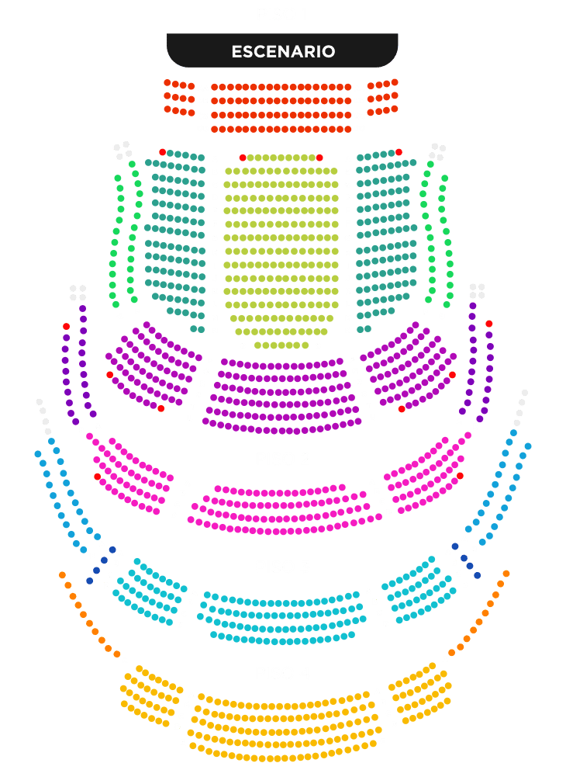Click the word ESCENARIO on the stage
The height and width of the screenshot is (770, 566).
[x=283, y=51]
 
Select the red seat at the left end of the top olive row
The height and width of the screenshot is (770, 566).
[x=242, y=158]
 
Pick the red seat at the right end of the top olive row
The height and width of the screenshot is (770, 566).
[x=319, y=158]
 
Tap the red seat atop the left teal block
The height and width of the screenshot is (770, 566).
[x=162, y=152]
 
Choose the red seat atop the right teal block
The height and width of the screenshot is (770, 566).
[x=399, y=152]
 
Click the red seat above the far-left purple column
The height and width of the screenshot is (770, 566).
[x=66, y=327]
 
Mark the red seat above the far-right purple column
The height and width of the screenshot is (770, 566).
[x=489, y=324]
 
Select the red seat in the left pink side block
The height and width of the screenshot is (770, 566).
[x=97, y=477]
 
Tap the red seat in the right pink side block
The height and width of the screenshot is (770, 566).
[x=460, y=476]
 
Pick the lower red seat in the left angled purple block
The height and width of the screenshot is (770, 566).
[x=160, y=408]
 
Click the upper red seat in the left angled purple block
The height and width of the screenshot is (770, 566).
[x=109, y=375]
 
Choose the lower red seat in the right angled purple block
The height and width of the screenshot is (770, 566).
[x=402, y=409]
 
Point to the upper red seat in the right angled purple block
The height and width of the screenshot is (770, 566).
[x=452, y=375]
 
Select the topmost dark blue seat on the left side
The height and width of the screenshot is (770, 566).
[x=112, y=550]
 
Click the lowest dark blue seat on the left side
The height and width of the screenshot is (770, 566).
[x=89, y=581]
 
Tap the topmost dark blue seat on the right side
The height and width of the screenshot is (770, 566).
[x=455, y=546]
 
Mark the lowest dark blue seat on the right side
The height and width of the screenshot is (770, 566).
[x=478, y=575]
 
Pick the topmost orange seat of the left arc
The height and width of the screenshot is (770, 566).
[x=62, y=575]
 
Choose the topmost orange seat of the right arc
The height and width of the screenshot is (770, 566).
[x=506, y=574]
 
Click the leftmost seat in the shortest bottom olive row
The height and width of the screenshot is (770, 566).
[x=257, y=345]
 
